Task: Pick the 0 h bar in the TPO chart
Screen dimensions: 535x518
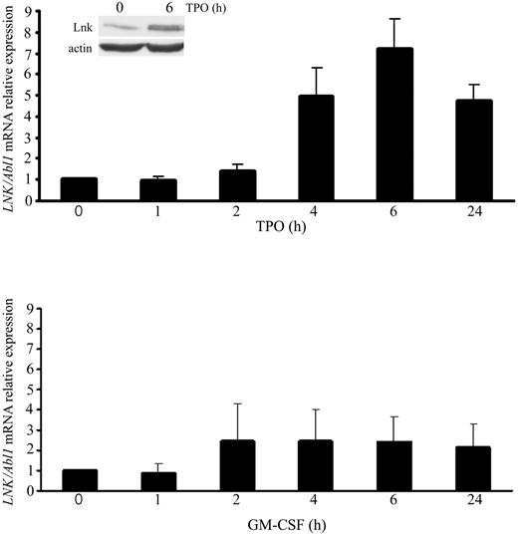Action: [x=79, y=189]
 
